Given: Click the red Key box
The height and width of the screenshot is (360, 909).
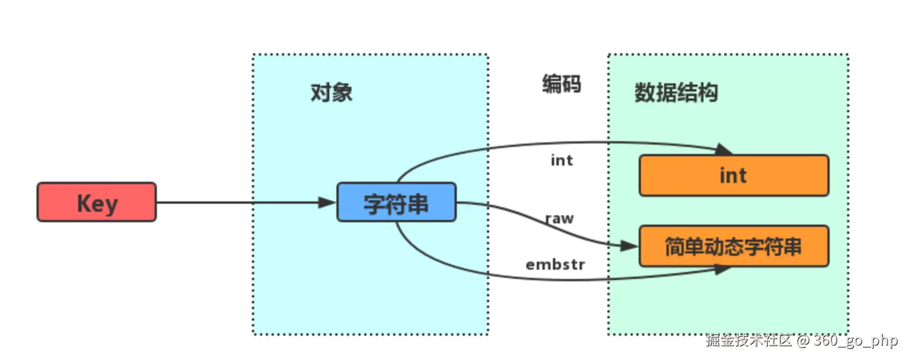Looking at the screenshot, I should (97, 202).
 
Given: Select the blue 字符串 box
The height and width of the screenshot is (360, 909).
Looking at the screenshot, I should (396, 202).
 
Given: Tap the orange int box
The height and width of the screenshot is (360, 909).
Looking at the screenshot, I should (734, 175).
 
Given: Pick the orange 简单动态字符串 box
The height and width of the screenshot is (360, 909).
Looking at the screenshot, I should (734, 247).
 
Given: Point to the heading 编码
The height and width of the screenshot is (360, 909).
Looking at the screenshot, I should (561, 84).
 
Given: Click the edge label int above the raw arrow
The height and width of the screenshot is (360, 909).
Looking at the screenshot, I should (561, 160).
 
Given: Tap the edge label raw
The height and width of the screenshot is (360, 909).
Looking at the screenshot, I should (559, 219).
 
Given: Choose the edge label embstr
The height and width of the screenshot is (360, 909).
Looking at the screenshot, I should (555, 265).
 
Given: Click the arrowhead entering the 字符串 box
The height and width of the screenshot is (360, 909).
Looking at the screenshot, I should (328, 203).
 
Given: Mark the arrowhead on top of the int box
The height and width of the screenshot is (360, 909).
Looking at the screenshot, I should (724, 149).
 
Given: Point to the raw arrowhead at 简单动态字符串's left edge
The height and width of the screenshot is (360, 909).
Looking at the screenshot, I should (629, 246).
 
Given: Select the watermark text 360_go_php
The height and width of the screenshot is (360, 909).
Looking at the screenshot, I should (855, 340).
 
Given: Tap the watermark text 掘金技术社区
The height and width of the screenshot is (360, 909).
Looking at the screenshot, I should (748, 340).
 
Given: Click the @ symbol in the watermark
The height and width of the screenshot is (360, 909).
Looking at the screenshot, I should (802, 340).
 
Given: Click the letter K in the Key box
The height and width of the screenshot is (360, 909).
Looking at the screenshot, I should (85, 203).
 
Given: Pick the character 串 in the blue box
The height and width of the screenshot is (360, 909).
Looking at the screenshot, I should (417, 204).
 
